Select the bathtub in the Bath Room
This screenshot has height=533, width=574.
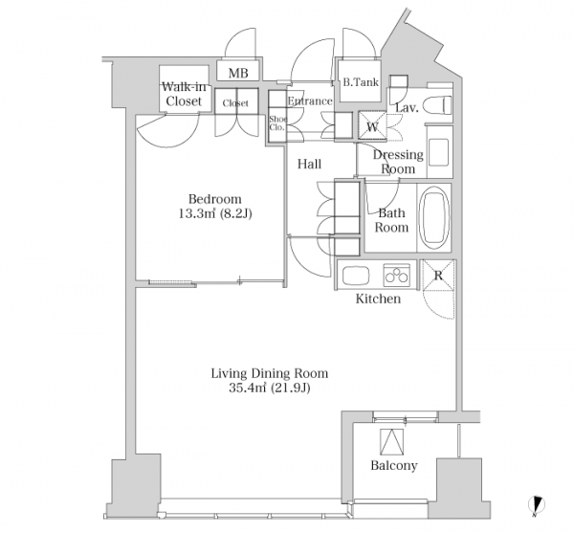coord(435,217)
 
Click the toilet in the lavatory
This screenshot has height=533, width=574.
coord(438,105)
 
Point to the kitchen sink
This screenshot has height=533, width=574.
coord(356,275)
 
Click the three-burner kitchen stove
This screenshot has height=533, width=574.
coord(397,275)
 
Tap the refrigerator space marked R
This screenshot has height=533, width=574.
coord(438,275)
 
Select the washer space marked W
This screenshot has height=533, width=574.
coord(372,125)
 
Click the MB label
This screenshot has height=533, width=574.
coord(238,74)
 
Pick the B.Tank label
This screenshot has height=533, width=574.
coord(361,82)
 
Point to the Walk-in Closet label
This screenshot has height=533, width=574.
coord(184,94)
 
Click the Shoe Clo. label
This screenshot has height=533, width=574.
coord(277,123)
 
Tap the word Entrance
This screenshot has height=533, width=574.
coord(310,101)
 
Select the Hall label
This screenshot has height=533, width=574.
coord(309,164)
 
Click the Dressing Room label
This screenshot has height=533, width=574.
coord(398,162)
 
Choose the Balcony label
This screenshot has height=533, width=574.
coord(394,465)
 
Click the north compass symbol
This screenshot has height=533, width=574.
coord(537,505)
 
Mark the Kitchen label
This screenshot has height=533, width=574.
coord(378,299)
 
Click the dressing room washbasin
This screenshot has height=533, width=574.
coord(438,152)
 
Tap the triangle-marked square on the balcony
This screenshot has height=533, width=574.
coord(391,441)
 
